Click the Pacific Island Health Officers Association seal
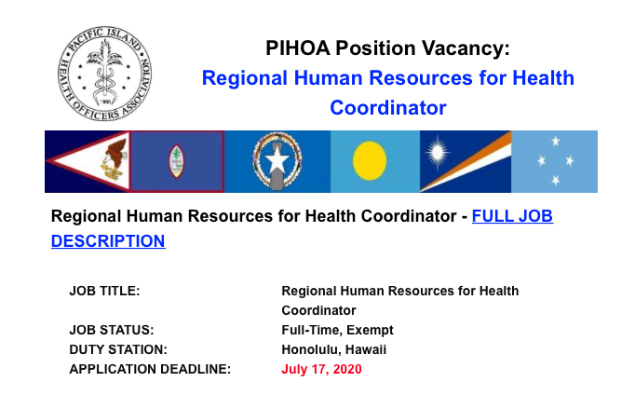click(x=105, y=74)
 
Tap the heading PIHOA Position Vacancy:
click(x=387, y=48)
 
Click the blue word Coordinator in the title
click(x=388, y=108)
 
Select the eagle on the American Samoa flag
click(x=115, y=159)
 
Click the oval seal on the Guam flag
click(x=176, y=161)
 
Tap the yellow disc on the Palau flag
click(x=370, y=161)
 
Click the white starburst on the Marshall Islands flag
click(x=437, y=153)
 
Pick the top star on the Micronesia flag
click(x=556, y=141)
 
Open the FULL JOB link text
click(x=512, y=216)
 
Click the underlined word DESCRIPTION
click(x=108, y=241)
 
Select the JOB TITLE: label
click(x=104, y=291)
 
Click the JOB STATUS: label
click(x=112, y=330)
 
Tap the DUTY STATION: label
click(x=118, y=349)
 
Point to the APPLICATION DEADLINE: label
click(x=150, y=369)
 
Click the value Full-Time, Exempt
click(x=337, y=330)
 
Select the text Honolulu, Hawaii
click(x=333, y=349)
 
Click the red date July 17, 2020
click(x=321, y=369)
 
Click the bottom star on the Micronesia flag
click(x=556, y=180)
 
